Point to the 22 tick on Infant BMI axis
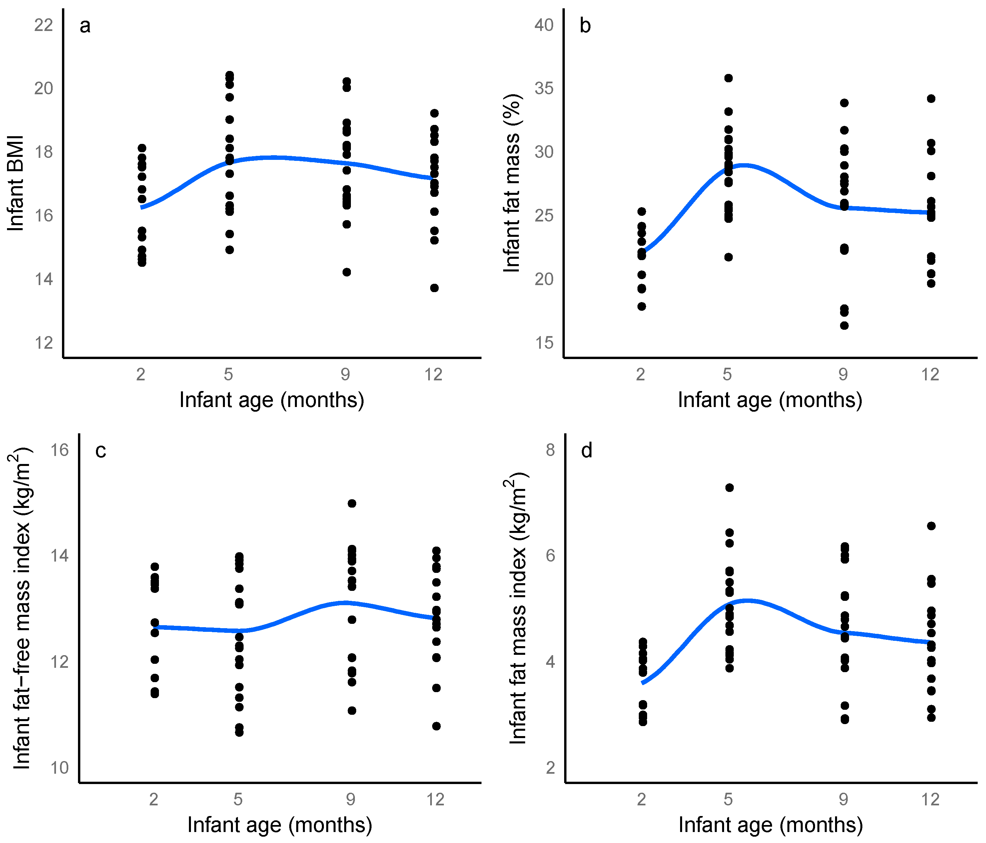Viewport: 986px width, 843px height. (44, 25)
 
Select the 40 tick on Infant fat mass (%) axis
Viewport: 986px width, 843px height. (544, 25)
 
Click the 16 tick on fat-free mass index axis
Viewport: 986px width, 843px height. (60, 450)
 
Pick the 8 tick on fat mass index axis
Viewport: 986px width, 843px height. (550, 450)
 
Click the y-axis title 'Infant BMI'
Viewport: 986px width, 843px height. (16, 184)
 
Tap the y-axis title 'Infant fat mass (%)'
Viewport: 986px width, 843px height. (513, 184)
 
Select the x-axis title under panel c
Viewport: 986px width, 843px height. (280, 825)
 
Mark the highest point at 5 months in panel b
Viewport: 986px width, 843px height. (728, 78)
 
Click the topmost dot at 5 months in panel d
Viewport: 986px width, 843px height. (729, 488)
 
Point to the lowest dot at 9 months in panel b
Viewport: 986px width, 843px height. (844, 325)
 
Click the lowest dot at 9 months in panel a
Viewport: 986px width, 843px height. (347, 272)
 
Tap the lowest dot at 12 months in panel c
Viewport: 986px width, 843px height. (437, 726)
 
